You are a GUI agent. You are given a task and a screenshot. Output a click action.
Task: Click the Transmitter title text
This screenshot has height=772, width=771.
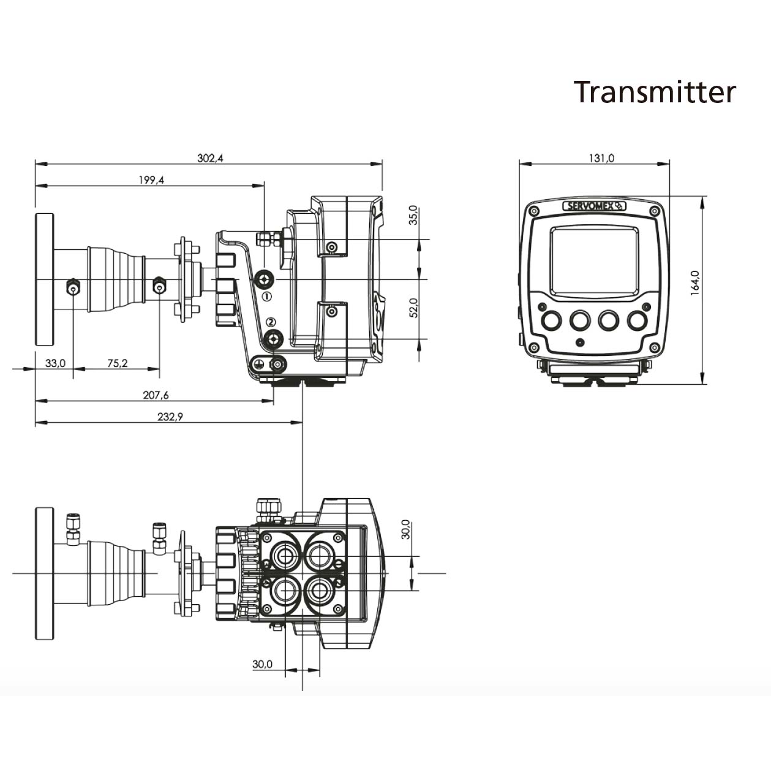(x=655, y=92)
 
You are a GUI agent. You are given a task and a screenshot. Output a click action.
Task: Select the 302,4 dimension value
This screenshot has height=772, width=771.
(x=210, y=158)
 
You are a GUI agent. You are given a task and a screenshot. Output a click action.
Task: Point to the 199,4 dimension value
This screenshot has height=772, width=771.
(x=151, y=180)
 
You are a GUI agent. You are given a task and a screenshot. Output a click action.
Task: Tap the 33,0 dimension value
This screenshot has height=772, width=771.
(x=55, y=363)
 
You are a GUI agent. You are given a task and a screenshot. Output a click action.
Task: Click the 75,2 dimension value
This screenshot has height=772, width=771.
(x=117, y=363)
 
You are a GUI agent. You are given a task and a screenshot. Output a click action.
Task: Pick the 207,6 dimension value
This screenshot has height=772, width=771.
(x=156, y=395)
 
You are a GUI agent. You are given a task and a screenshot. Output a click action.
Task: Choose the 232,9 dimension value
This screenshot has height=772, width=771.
(x=170, y=417)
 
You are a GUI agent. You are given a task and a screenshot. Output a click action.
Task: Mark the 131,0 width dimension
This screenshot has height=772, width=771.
(x=601, y=158)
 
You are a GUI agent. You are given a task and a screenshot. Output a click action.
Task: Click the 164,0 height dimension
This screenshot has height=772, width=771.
(x=694, y=283)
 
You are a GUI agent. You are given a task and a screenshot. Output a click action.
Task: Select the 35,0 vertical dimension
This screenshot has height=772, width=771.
(x=413, y=216)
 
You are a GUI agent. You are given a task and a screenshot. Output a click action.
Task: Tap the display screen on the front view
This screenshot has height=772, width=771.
(x=594, y=260)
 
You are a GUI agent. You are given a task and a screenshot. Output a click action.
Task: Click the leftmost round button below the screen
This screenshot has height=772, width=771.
(x=551, y=320)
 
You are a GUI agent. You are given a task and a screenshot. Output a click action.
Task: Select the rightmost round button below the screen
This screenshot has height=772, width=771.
(x=638, y=320)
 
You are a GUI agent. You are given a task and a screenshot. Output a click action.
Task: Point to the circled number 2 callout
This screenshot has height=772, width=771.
(x=271, y=322)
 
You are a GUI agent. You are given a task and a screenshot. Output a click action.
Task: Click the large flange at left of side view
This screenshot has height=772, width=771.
(x=44, y=279)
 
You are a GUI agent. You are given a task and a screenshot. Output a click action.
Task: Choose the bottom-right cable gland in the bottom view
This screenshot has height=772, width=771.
(x=319, y=591)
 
